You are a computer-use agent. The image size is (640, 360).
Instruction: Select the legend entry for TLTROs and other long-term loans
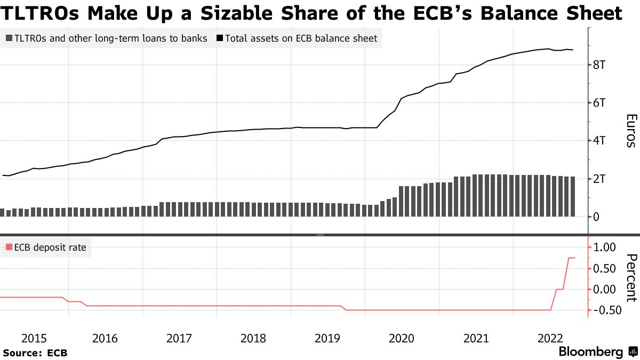[106, 38]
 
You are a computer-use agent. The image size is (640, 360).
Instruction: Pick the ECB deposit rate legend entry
[45, 247]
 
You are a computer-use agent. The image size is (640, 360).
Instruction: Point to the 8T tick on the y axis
[602, 65]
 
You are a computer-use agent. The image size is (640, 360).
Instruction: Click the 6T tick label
[602, 103]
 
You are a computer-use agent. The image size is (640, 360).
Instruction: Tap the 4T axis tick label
[602, 141]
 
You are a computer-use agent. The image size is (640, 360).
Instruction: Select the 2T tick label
[602, 179]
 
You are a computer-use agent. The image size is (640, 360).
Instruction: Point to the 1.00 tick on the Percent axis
[604, 247]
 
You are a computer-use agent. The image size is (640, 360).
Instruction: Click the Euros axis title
[631, 131]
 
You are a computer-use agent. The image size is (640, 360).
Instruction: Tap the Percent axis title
[631, 278]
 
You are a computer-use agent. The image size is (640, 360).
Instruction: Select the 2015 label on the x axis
[34, 338]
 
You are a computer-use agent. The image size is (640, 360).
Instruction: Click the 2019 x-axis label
[327, 338]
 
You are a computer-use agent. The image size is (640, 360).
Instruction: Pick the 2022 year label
[550, 338]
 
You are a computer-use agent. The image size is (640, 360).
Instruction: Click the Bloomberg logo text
[590, 352]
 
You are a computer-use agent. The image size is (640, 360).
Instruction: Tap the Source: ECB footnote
[35, 353]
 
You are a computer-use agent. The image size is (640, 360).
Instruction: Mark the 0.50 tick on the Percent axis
[604, 268]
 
